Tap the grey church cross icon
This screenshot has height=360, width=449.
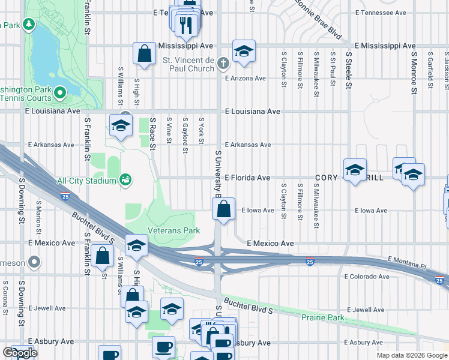223,62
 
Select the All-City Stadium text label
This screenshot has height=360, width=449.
85,179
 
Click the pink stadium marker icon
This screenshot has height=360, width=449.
125,179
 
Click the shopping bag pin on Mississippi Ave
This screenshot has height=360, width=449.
145,55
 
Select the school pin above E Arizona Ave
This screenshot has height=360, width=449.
244,52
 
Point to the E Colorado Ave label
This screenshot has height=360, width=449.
367,277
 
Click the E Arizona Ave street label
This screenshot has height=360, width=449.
245,79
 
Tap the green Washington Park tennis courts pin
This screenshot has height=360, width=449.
60,93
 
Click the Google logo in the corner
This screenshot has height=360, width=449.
20,353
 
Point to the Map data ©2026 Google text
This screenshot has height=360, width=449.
411,355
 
